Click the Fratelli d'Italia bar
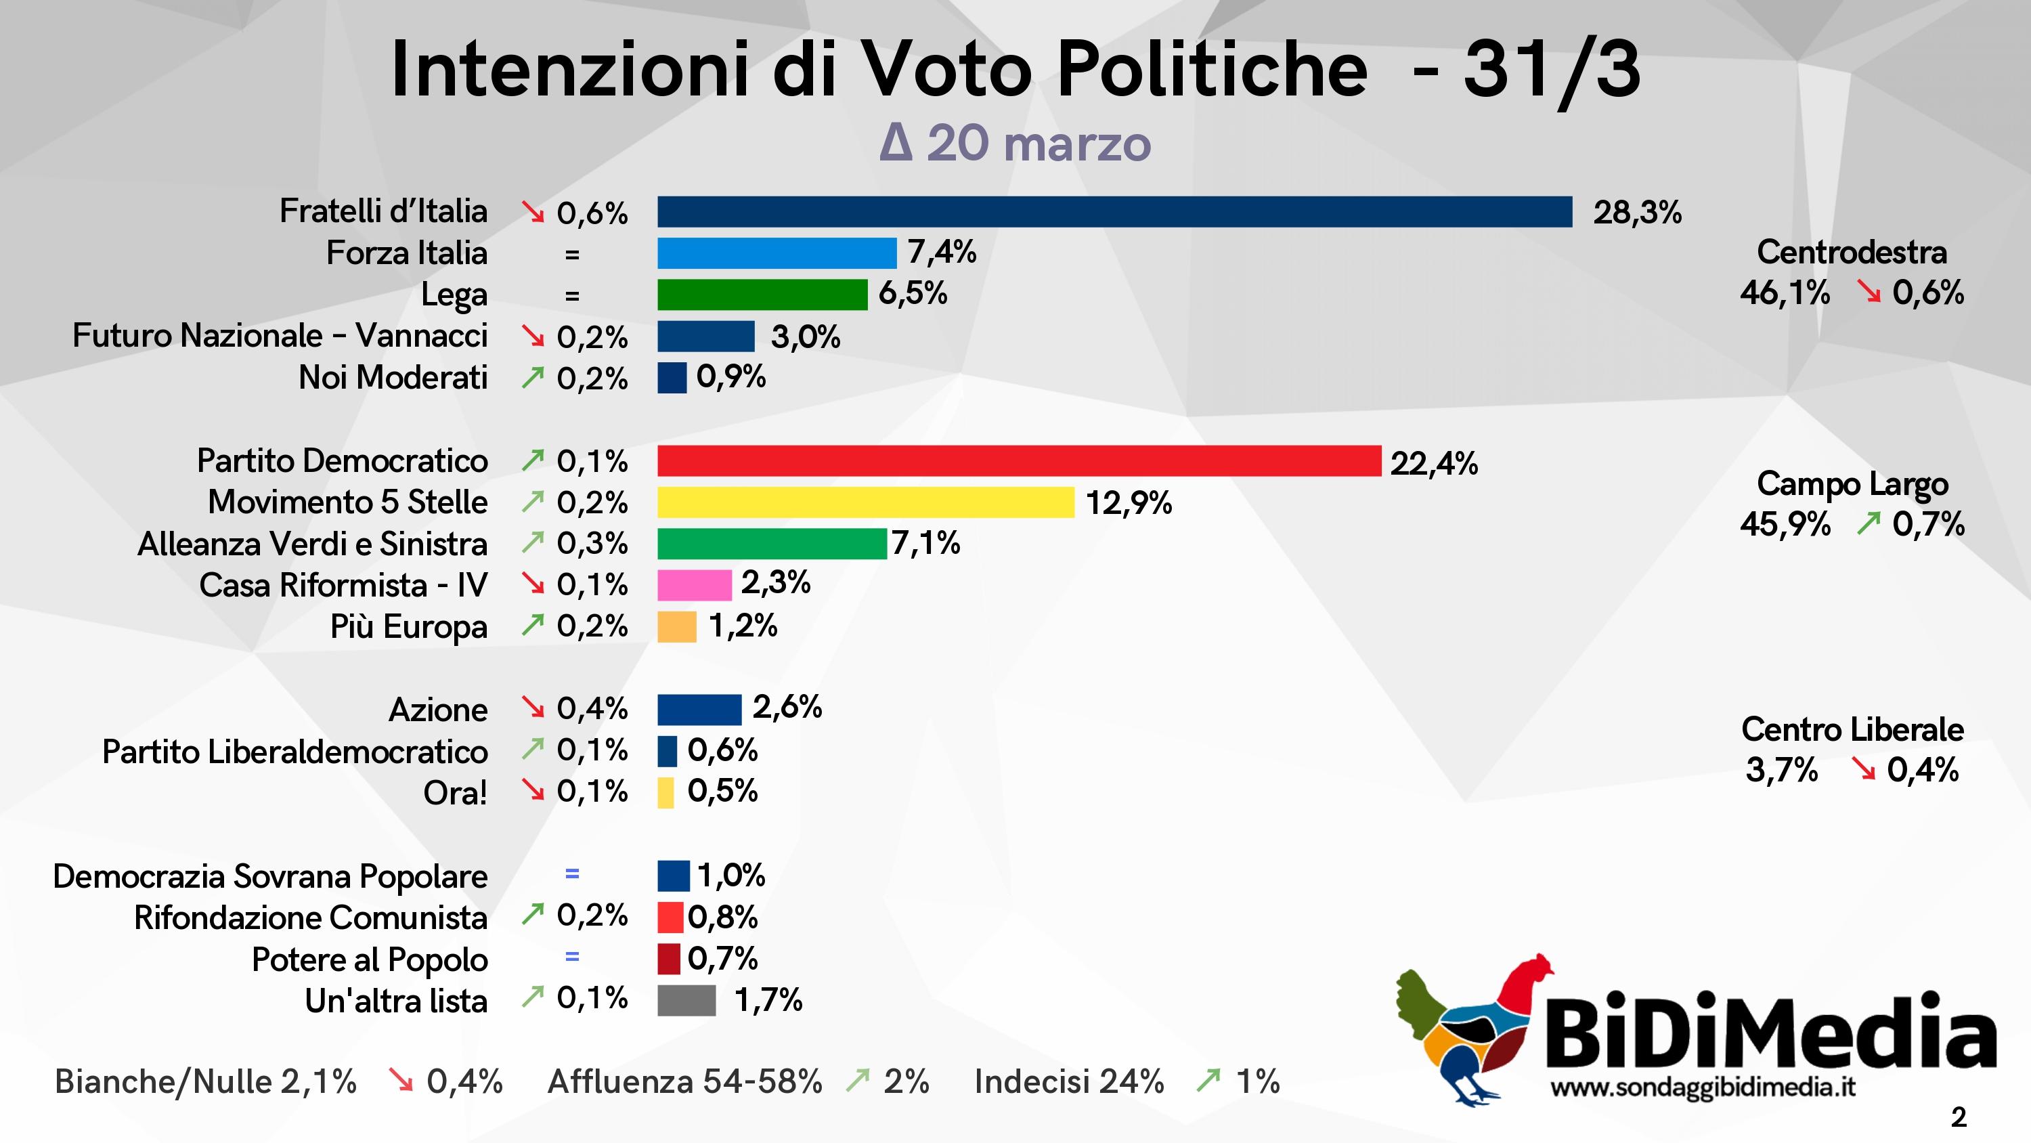tap(1114, 212)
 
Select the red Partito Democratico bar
tap(1019, 460)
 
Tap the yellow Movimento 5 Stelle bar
tap(865, 502)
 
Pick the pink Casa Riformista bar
tap(694, 585)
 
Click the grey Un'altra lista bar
tap(686, 1000)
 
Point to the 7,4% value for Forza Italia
tap(942, 253)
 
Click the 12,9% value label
tap(1129, 502)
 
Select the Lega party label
tap(454, 295)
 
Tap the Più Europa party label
tap(408, 627)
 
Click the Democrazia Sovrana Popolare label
tap(269, 876)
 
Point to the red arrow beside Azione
tap(533, 708)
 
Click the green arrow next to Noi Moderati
tap(533, 379)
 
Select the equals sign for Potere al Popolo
tap(571, 957)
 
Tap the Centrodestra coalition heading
tap(1851, 253)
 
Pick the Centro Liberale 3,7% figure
tap(1781, 770)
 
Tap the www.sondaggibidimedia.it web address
tap(1702, 1087)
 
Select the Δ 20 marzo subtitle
tap(1015, 144)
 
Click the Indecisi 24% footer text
tap(1068, 1081)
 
